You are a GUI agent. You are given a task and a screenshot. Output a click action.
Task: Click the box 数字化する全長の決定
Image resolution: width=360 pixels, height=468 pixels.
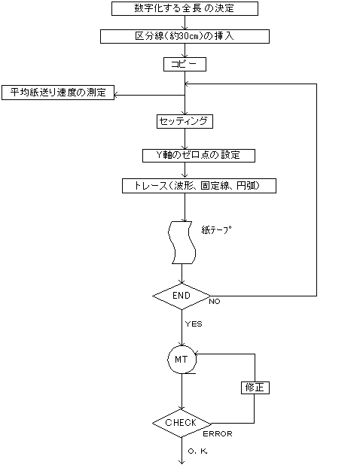coord(185,8)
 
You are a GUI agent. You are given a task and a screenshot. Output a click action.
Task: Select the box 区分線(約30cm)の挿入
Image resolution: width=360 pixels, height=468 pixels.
coord(185,36)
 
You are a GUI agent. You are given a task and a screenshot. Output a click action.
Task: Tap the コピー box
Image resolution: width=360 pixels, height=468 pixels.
coord(185,64)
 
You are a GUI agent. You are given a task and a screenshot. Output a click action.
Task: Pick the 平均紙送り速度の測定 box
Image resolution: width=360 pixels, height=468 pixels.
coord(58,93)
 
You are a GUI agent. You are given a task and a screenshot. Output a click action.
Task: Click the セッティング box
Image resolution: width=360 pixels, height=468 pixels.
coord(185,121)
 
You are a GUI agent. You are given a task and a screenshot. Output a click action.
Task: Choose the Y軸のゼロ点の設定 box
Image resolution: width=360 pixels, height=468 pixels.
coord(199,156)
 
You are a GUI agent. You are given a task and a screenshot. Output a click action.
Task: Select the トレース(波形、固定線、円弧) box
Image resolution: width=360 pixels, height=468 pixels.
coord(199,186)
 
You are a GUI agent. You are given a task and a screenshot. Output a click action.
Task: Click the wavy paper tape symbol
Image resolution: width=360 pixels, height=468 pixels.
coord(182,243)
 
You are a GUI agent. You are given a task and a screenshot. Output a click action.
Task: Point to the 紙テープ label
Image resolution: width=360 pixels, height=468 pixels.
coord(216,229)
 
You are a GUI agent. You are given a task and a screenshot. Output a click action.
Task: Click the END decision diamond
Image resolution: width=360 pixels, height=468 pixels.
coord(182,296)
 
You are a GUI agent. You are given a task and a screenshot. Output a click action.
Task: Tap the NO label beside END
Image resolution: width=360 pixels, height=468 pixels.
coord(215,302)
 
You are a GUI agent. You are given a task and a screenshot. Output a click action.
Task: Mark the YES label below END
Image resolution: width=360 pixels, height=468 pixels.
coord(194,324)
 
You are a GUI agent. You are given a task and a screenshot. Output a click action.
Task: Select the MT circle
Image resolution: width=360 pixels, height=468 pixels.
coord(182,360)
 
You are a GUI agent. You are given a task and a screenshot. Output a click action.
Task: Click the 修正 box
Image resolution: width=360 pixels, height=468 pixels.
coord(255,387)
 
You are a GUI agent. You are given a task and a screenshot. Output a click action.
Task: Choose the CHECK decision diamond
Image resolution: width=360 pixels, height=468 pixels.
coord(182,423)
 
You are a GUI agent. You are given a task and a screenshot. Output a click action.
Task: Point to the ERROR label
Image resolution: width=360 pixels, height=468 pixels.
coord(218,434)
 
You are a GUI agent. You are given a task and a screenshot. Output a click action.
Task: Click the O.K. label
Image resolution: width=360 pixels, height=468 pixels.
coord(197,451)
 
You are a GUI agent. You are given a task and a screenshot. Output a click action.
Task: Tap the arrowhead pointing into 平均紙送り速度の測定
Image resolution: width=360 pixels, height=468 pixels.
coord(116,96)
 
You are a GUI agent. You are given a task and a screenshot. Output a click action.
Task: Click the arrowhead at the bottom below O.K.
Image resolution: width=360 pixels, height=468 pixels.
coord(182,462)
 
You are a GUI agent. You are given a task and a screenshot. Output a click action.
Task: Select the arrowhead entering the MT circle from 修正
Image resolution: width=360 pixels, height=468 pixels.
coord(197,354)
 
